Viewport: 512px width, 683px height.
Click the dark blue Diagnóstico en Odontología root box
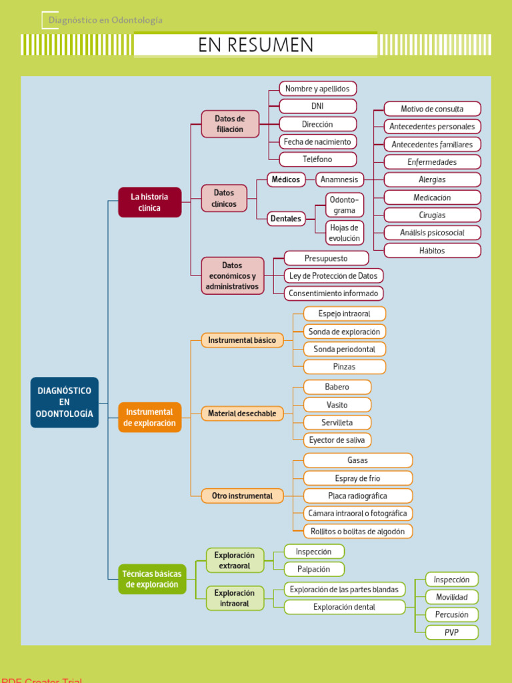(64, 402)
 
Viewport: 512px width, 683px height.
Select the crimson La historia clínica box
(149, 202)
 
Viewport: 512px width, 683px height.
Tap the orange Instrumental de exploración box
(149, 418)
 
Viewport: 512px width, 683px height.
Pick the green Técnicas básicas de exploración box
(152, 579)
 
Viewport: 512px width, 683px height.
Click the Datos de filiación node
(229, 124)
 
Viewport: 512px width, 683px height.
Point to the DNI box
(317, 106)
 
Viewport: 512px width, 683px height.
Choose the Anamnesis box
(339, 179)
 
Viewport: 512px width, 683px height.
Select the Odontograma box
(345, 205)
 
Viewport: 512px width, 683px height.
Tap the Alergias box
(432, 179)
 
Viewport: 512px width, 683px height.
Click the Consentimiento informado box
(333, 293)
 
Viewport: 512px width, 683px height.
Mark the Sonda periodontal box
(344, 349)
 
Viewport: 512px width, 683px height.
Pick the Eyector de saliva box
(337, 440)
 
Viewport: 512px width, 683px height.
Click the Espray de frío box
(357, 478)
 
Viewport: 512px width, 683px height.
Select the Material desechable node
(242, 414)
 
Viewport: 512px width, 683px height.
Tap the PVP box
(451, 632)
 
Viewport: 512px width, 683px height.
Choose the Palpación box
(313, 569)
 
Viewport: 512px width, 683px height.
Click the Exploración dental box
(344, 607)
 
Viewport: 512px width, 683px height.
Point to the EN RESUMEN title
(255, 45)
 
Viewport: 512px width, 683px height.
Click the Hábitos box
(432, 251)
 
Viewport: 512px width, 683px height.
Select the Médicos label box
(285, 179)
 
